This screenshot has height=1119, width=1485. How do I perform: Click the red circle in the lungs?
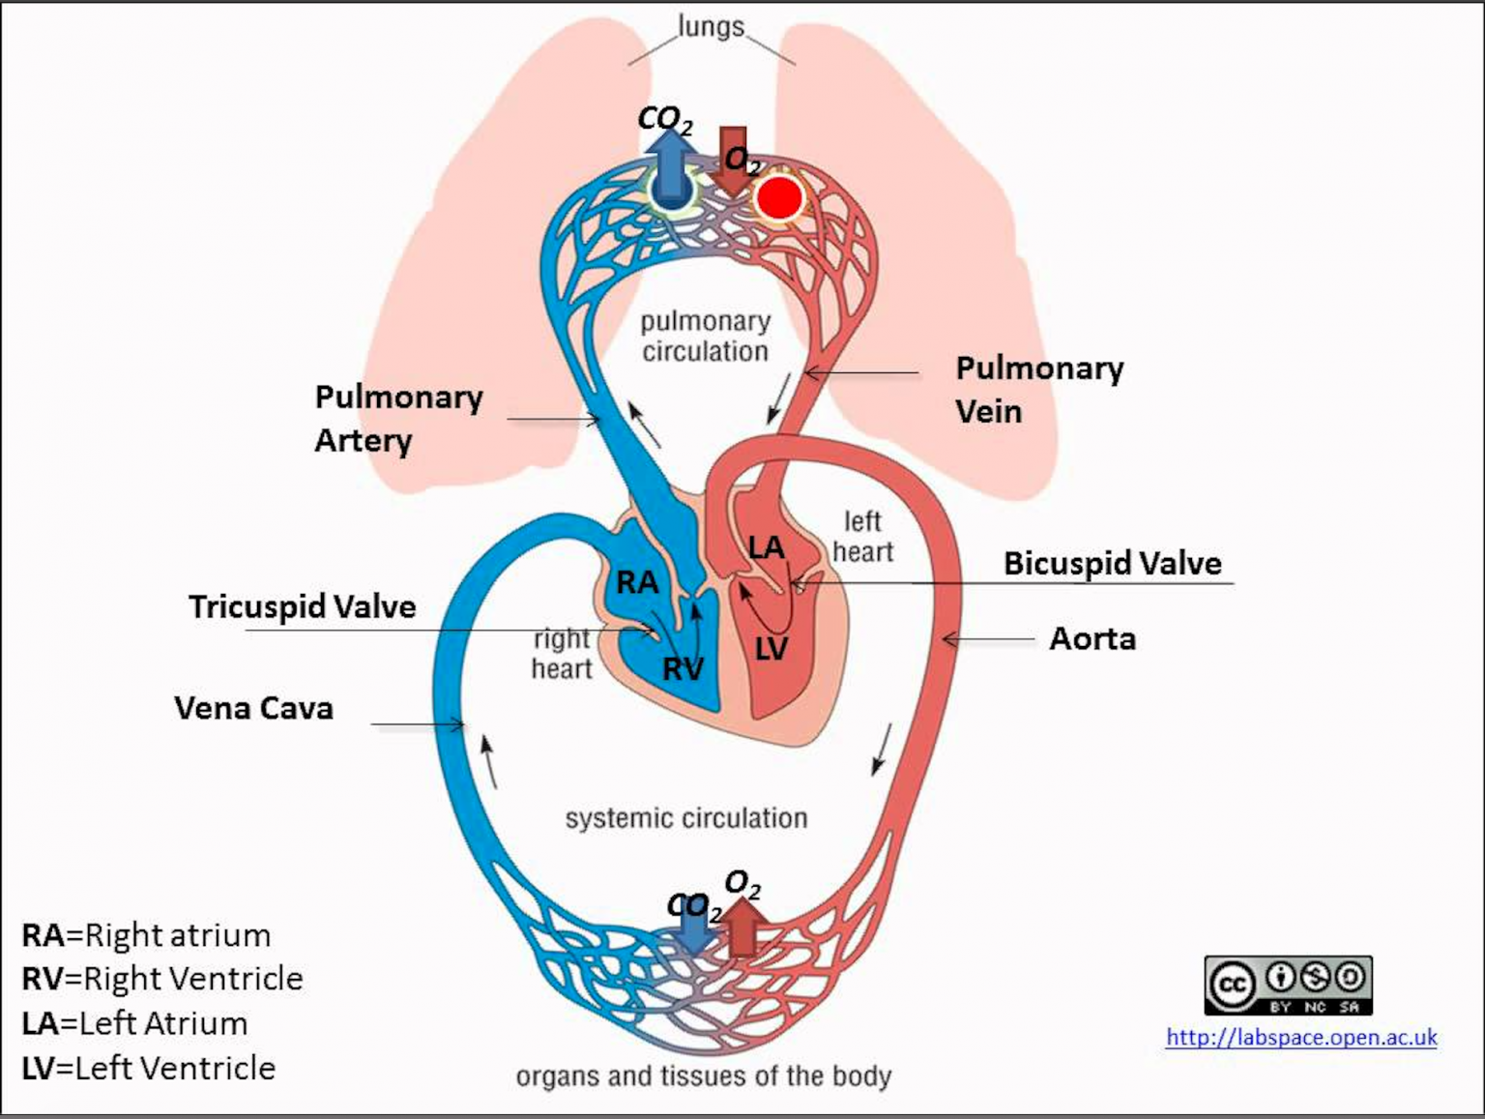point(779,197)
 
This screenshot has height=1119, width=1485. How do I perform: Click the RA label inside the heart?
point(637,582)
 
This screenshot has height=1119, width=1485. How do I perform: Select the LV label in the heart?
point(771,649)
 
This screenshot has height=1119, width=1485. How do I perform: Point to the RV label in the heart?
point(683,668)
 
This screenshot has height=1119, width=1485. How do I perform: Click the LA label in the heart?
point(766,548)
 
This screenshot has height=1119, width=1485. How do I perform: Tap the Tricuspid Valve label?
point(302,606)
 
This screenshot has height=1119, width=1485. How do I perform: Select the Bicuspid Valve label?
point(1112,563)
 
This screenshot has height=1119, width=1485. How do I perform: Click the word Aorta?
point(1092,638)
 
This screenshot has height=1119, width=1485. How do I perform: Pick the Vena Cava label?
point(253,708)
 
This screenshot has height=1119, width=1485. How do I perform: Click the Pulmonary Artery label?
point(397,418)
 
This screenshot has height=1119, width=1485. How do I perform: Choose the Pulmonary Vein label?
point(1038,389)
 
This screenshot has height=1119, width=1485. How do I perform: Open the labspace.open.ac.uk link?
point(1301,1038)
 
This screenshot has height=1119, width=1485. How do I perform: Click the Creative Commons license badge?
point(1288,985)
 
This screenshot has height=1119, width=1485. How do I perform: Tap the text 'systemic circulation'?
point(685,818)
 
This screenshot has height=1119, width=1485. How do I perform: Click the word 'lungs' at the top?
point(711,26)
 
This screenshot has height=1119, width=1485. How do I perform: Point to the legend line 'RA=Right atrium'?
point(146,935)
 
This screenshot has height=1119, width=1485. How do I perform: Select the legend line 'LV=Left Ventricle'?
point(148,1068)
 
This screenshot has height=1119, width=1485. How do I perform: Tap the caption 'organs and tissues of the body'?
point(703,1075)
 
